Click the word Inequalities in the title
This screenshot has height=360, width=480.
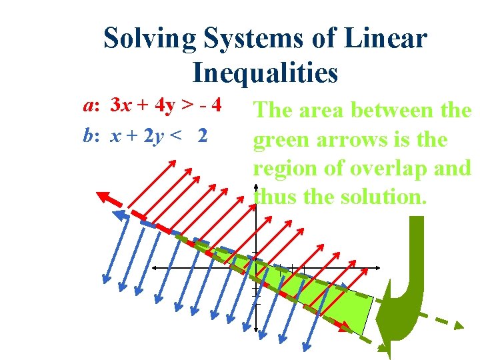265,72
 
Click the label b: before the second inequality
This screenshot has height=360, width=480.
91,135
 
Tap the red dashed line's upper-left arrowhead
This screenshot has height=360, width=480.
103,197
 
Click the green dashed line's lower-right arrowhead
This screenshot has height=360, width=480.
459,325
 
